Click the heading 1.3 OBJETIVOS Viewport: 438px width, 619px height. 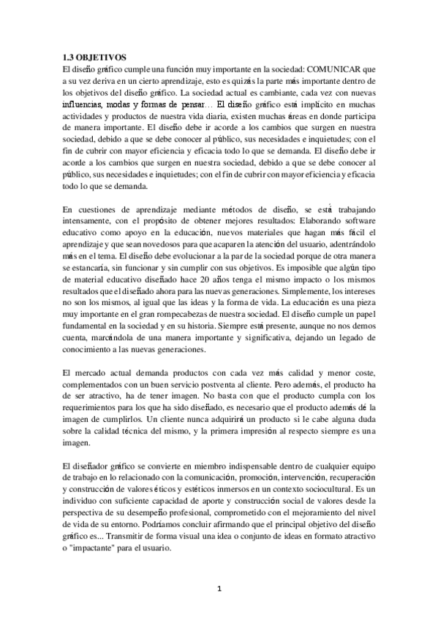94,56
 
